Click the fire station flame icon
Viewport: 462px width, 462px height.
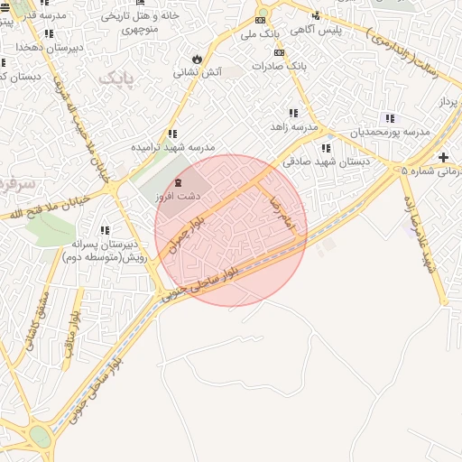coord(197,60)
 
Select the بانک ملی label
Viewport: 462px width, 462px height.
coord(258,32)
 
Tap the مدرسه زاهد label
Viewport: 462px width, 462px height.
coord(294,127)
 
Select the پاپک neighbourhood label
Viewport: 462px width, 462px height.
coord(115,79)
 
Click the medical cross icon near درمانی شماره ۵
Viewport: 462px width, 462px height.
coord(443,158)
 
